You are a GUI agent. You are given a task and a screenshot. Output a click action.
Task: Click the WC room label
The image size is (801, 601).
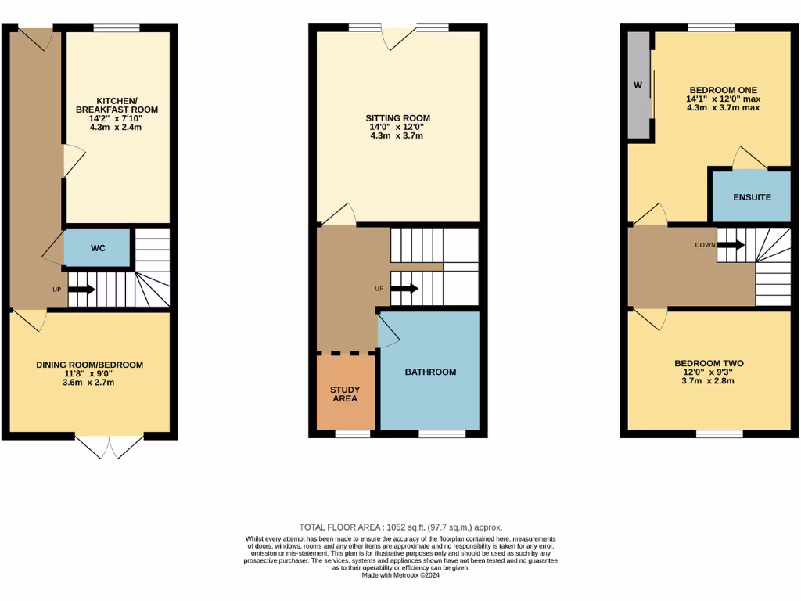(98, 248)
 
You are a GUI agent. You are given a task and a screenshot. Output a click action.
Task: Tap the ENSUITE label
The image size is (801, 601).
(752, 197)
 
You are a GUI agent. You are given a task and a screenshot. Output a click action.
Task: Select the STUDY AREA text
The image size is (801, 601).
(345, 394)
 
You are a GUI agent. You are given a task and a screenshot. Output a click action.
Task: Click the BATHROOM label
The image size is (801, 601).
(430, 372)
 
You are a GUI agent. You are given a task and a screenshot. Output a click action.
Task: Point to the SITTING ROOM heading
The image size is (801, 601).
(398, 118)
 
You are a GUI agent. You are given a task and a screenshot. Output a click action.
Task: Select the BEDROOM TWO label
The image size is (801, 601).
(709, 363)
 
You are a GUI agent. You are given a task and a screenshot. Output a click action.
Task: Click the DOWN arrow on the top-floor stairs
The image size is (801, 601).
(731, 245)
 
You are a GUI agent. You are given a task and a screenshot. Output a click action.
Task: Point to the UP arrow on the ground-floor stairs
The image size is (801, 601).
(81, 290)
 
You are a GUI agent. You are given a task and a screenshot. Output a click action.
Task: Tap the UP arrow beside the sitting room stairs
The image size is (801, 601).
(404, 288)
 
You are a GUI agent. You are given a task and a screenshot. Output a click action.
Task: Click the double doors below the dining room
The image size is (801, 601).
(110, 446)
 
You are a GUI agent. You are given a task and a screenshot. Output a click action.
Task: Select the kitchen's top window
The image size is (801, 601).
(117, 28)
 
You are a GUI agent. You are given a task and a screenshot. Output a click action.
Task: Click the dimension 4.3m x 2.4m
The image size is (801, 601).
(116, 128)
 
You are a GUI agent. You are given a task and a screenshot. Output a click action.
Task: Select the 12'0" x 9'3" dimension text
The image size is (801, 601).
(709, 372)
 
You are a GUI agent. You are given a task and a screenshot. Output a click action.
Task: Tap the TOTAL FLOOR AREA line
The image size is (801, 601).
(400, 527)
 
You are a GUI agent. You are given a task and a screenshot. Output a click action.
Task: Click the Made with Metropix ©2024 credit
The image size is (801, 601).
(400, 575)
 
